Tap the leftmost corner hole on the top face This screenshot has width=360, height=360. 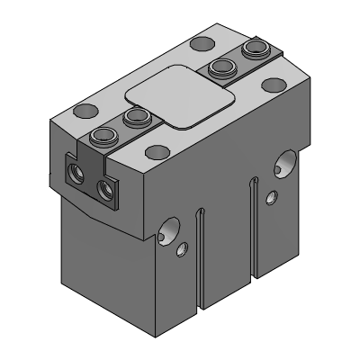pyautogui.click(x=85, y=111)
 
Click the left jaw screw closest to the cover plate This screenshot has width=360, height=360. pyautogui.click(x=136, y=116)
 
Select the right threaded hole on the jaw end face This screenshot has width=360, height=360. pyautogui.click(x=109, y=188)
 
